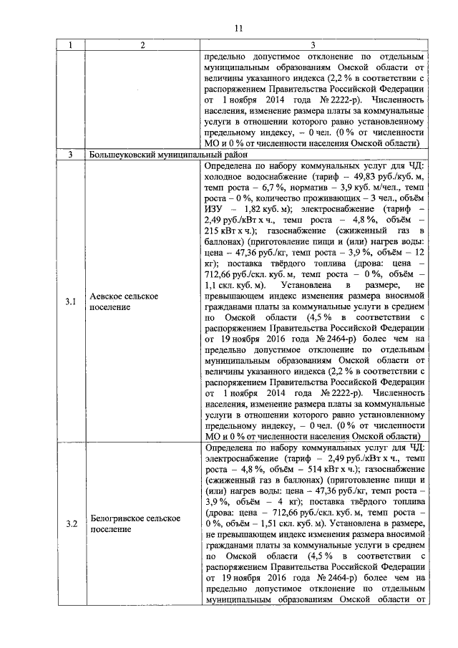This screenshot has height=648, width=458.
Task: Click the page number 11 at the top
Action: pyautogui.click(x=239, y=29)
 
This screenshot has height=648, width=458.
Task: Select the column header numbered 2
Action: pyautogui.click(x=142, y=46)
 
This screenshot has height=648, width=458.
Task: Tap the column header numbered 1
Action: pyautogui.click(x=70, y=46)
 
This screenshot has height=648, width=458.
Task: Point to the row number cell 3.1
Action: pyautogui.click(x=70, y=301)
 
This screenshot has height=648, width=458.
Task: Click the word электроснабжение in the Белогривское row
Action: pyautogui.click(x=239, y=457)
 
